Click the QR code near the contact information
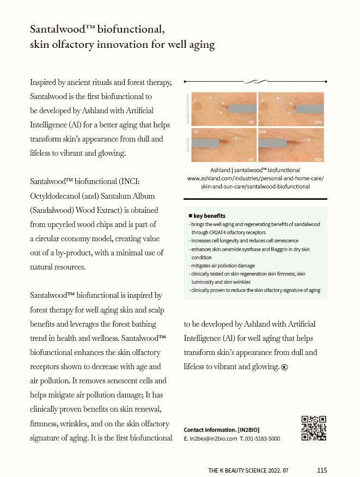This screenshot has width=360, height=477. point(314,428)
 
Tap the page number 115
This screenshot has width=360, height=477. point(322,470)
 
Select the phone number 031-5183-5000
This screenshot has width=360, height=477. point(263,438)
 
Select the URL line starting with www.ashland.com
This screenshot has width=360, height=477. point(255,178)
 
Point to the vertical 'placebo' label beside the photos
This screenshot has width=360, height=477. point(188,145)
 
